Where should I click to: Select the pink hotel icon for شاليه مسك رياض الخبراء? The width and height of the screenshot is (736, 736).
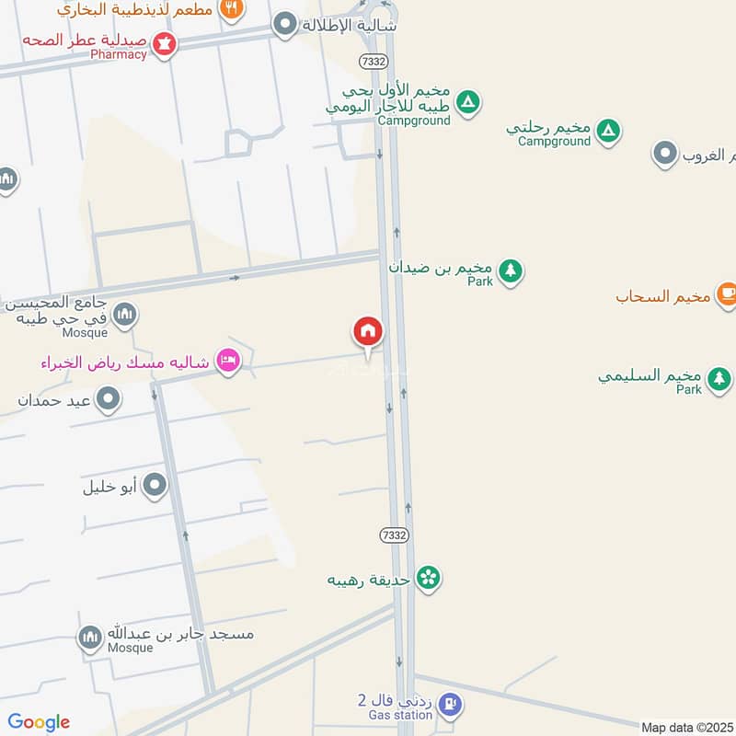[227, 362]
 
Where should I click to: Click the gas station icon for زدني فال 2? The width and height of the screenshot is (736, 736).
[449, 706]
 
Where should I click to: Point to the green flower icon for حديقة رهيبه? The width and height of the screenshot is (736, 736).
[428, 578]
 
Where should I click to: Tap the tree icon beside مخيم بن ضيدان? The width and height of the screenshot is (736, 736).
[511, 270]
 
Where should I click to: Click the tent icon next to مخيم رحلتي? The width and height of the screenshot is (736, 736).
[607, 132]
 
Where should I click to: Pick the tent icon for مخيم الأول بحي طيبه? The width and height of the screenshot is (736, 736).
[468, 103]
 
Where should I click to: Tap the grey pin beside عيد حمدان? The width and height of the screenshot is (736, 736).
[109, 399]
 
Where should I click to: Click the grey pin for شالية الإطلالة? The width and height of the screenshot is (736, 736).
[287, 25]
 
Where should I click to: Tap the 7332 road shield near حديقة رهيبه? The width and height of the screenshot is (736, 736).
[393, 535]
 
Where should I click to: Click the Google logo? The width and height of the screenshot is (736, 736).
[39, 722]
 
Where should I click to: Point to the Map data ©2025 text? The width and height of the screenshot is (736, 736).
[687, 728]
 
